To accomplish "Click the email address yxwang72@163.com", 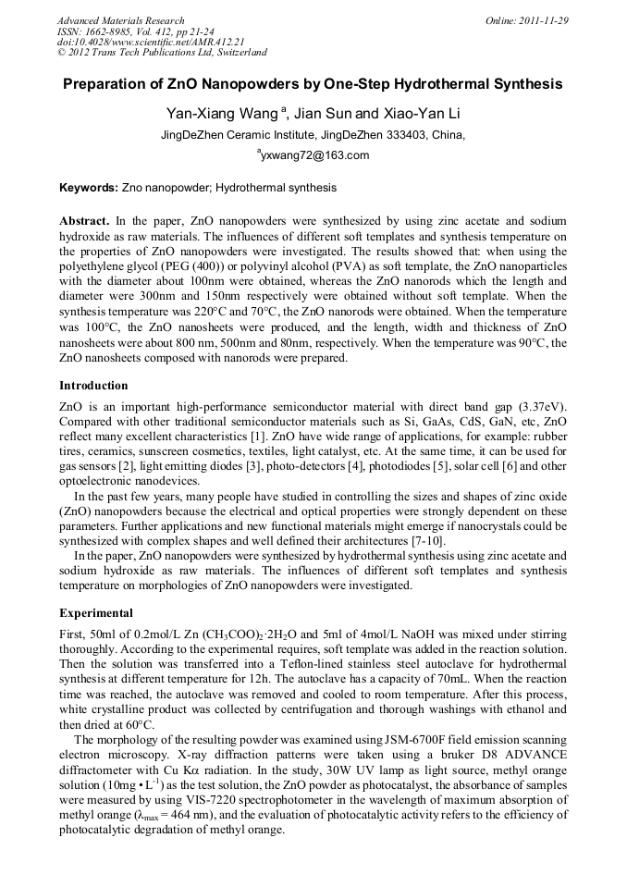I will point(314,155).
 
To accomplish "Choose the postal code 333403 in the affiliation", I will point(400,135).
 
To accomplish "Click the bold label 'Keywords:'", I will point(89,188).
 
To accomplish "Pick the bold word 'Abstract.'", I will point(85,221).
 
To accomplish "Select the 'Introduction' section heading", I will point(93,385).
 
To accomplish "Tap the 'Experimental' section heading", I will point(96,613).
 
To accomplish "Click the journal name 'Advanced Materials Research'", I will point(120,20).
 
